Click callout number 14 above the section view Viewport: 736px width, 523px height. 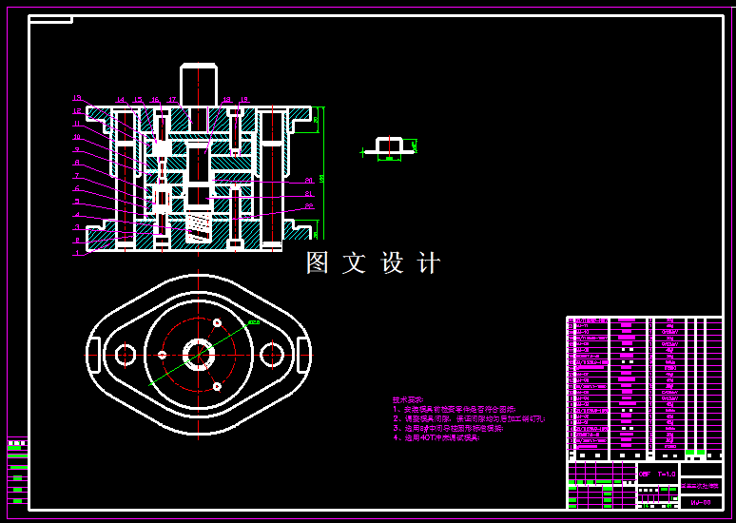tap(121, 99)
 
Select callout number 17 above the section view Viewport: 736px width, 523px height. tap(172, 99)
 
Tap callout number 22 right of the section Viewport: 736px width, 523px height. tap(309, 205)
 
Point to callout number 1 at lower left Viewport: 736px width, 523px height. tap(78, 253)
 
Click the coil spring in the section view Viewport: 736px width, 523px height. tap(198, 226)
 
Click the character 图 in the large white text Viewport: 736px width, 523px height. tap(318, 263)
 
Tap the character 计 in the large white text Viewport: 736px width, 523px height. tap(429, 263)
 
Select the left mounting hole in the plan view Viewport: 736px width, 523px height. tap(125, 355)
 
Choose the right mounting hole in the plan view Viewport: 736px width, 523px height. tap(272, 355)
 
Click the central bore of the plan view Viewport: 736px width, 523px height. tap(198, 355)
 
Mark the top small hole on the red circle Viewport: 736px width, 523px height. tap(218, 323)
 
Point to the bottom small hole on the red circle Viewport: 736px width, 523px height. tap(218, 386)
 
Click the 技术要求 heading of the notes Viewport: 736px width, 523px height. tap(409, 399)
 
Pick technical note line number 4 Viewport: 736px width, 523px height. tap(437, 438)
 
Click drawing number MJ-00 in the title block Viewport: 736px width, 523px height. tap(701, 501)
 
